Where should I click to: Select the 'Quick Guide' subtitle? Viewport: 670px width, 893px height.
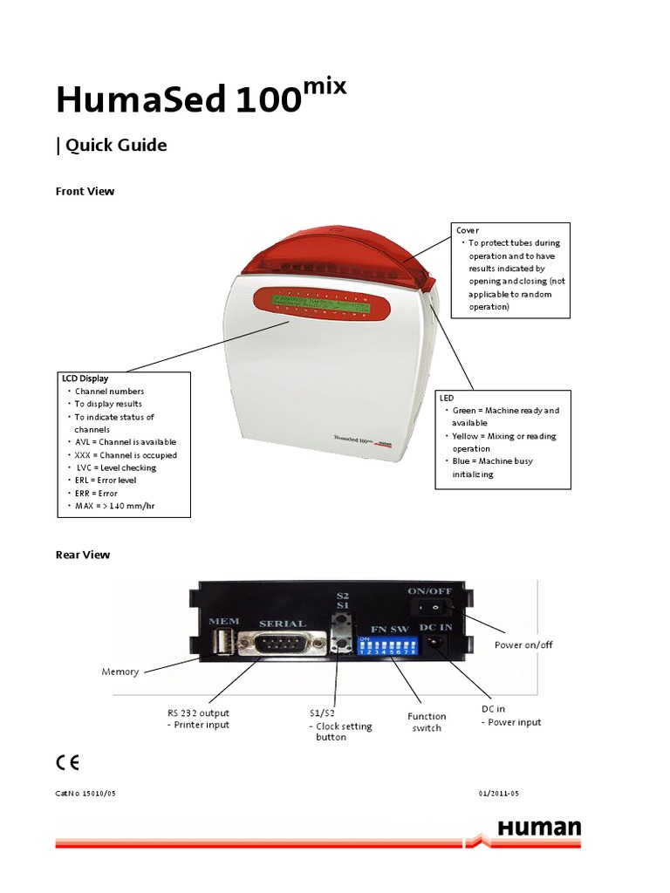pyautogui.click(x=112, y=146)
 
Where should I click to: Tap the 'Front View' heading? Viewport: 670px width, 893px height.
pyautogui.click(x=85, y=191)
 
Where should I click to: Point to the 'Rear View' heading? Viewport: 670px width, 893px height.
pyautogui.click(x=83, y=555)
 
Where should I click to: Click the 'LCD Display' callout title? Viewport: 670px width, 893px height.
pyautogui.click(x=85, y=379)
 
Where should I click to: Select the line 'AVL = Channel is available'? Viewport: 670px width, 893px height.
pyautogui.click(x=125, y=442)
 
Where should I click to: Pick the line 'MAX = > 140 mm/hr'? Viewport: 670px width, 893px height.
pyautogui.click(x=117, y=506)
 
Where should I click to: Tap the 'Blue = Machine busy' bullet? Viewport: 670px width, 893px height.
pyautogui.click(x=492, y=460)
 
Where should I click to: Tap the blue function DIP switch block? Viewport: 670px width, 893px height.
pyautogui.click(x=389, y=645)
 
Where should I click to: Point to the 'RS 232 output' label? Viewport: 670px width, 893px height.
pyautogui.click(x=198, y=712)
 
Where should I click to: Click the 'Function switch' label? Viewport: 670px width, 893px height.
pyautogui.click(x=427, y=722)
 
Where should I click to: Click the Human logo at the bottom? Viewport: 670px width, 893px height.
pyautogui.click(x=538, y=828)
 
